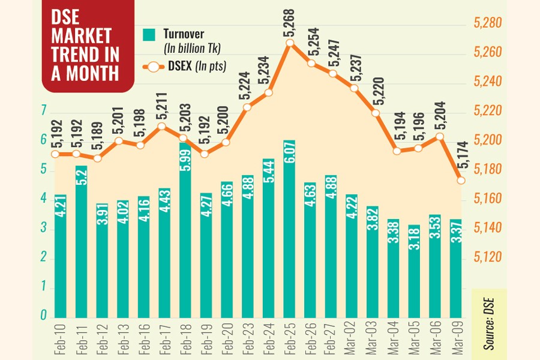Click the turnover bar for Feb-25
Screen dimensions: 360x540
click(290, 228)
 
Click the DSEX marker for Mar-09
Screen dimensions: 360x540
click(461, 180)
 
